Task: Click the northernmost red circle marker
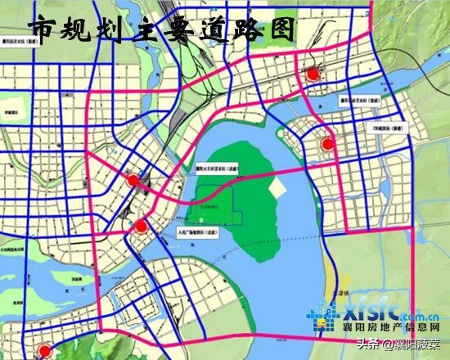pyautogui.click(x=312, y=74)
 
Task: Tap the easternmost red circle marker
pyautogui.click(x=327, y=144)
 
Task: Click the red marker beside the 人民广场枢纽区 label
pyautogui.click(x=141, y=226)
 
